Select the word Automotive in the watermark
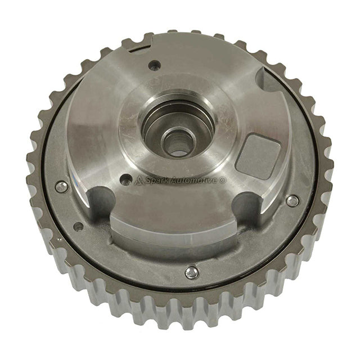point(197,181)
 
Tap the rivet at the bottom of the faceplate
point(191,272)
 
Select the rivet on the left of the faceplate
point(61,186)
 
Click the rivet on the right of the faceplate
point(292,200)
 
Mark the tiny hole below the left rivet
point(78,226)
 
